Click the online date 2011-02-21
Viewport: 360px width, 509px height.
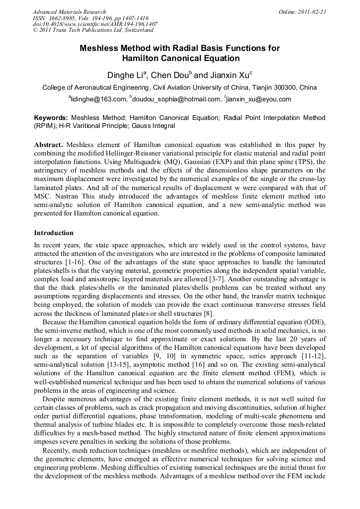pyautogui.click(x=312, y=12)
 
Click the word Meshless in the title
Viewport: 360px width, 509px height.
pyautogui.click(x=100, y=48)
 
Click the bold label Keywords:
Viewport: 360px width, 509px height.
pyautogui.click(x=51, y=117)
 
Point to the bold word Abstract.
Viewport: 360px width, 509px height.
pyautogui.click(x=49, y=144)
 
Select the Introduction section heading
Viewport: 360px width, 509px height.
pyautogui.click(x=54, y=233)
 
